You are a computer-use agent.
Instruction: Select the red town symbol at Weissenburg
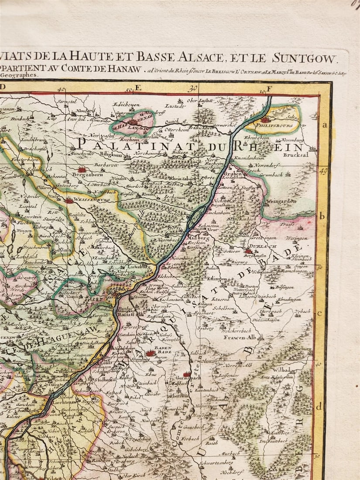pos(70,201)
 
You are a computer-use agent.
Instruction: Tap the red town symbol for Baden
pos(151,353)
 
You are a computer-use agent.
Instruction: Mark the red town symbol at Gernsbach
pos(186,374)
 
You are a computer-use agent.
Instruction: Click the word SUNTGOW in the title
pos(304,58)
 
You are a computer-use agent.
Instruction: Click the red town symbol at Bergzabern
pos(82,169)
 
